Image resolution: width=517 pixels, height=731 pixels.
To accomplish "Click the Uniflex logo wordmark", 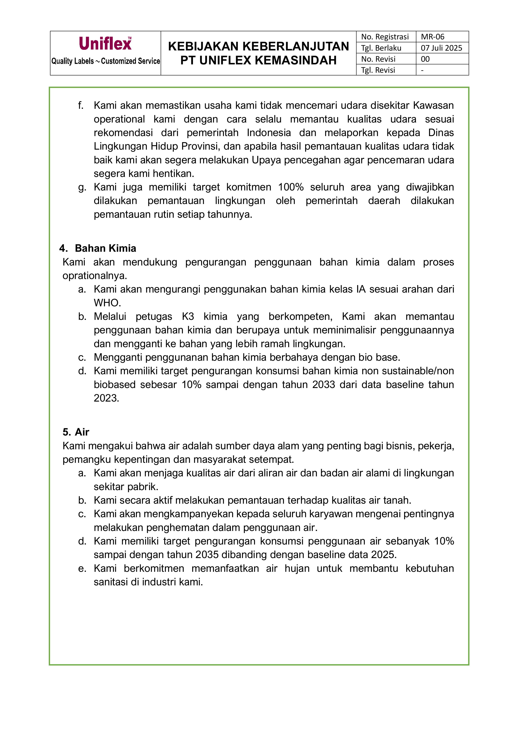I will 105,44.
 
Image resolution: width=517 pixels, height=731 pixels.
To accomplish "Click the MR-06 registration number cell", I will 432,37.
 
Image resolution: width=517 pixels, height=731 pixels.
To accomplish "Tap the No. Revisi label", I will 378,59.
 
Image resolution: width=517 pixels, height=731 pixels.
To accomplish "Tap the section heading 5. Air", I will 76,432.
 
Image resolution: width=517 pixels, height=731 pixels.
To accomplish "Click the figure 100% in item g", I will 291,187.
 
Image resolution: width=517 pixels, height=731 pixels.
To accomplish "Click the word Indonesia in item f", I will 269,133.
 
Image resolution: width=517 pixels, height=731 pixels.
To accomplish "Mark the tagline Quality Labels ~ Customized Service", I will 105,61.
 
